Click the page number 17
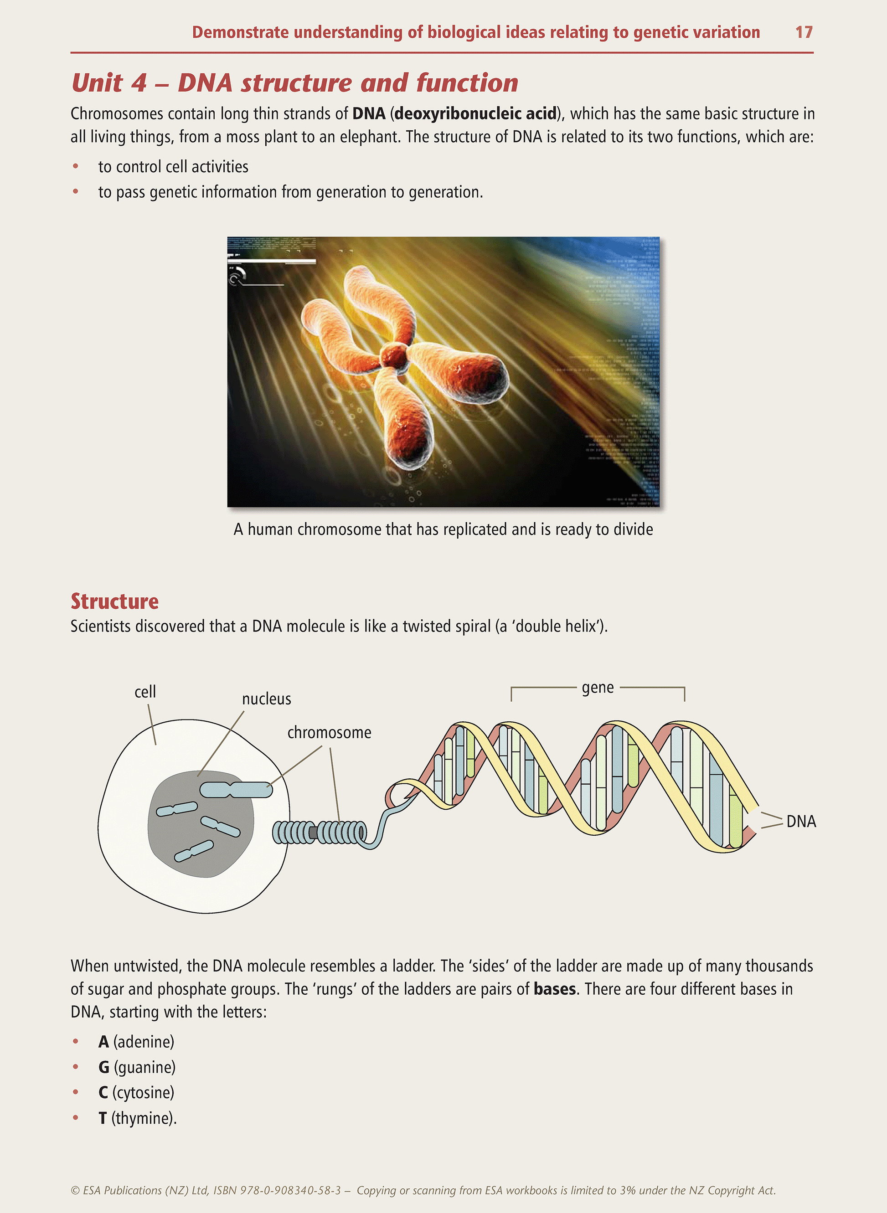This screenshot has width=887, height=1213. click(804, 32)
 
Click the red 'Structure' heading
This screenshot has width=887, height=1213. click(114, 601)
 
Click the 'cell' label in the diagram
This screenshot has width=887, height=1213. click(145, 691)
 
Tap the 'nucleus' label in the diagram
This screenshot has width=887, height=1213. click(266, 699)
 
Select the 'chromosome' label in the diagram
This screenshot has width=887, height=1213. click(329, 733)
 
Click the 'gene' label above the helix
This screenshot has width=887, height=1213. click(598, 688)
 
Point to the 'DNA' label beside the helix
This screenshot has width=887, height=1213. click(801, 821)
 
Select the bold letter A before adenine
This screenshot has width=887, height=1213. click(103, 1042)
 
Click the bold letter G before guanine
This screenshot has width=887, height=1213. click(103, 1068)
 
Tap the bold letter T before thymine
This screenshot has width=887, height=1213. click(103, 1118)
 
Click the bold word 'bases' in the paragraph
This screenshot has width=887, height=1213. click(555, 989)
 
